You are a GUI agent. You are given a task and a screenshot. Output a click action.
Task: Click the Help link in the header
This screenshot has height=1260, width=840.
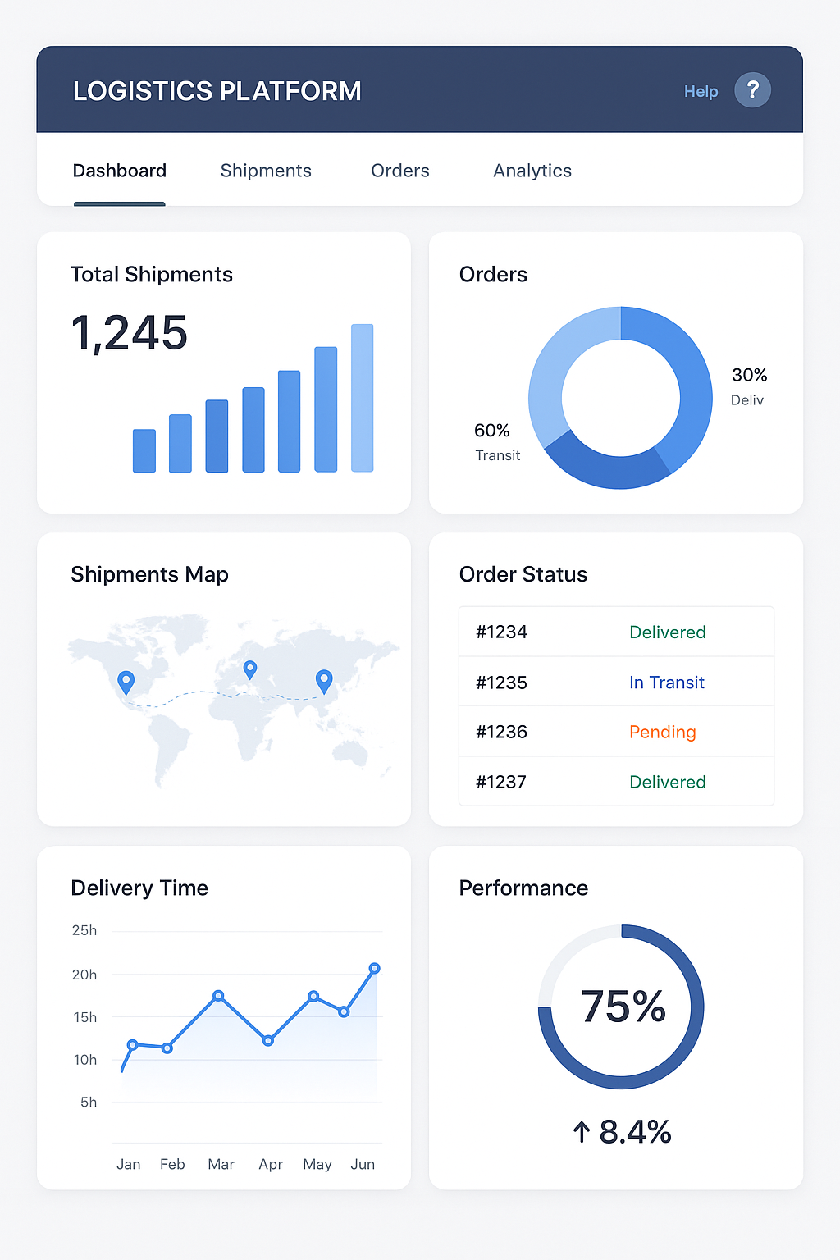(x=701, y=91)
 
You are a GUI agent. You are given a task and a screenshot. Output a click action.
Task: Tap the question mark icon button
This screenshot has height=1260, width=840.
(x=752, y=90)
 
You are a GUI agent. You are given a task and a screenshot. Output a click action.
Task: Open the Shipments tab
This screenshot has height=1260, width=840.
(x=266, y=171)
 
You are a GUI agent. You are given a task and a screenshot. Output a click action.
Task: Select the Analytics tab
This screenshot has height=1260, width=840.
(x=532, y=171)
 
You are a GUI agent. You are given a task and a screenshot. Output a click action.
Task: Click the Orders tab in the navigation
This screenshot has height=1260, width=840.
(x=399, y=171)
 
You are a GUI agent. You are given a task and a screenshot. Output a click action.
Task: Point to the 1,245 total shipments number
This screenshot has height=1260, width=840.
(x=130, y=333)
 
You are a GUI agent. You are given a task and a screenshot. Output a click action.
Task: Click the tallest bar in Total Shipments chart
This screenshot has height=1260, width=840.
(x=362, y=398)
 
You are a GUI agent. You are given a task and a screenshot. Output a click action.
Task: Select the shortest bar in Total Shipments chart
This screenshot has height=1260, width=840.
(x=144, y=450)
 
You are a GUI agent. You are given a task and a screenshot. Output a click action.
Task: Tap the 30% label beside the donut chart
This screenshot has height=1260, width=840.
(x=749, y=375)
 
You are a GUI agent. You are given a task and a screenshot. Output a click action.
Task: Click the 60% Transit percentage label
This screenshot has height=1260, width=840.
(x=491, y=431)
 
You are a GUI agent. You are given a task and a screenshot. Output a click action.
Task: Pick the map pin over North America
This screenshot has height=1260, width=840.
(x=126, y=681)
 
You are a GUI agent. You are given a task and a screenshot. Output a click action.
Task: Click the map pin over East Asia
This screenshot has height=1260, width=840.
(x=324, y=679)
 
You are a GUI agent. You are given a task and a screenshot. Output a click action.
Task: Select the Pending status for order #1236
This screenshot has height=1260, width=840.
(x=662, y=732)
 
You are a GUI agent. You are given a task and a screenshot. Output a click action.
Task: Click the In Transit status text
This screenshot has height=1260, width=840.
(x=666, y=682)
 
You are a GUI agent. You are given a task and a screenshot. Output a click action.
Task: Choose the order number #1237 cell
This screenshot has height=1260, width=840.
(x=501, y=782)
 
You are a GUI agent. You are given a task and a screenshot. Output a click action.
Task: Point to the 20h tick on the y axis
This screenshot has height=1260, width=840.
(x=84, y=975)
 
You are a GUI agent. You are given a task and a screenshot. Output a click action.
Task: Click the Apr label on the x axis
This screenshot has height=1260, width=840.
(x=270, y=1164)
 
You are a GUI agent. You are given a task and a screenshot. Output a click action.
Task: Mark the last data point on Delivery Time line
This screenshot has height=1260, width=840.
(x=374, y=969)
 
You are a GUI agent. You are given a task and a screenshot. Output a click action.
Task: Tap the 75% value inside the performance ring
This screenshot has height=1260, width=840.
(x=623, y=1007)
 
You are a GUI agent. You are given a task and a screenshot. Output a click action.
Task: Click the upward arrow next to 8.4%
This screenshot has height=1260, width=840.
(x=581, y=1132)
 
